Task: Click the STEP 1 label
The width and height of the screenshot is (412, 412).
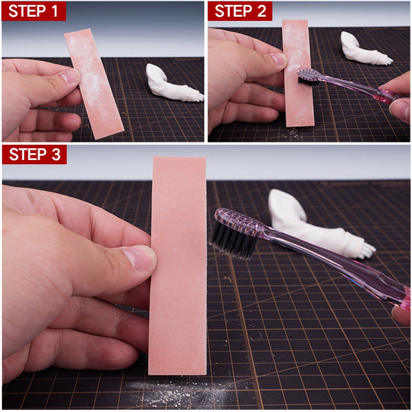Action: [33, 11]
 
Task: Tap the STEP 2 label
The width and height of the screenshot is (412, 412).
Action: [240, 11]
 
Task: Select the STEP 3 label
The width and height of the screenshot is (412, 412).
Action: [34, 154]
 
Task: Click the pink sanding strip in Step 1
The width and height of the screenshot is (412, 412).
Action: [94, 84]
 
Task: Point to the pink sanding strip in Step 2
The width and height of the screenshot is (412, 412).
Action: [298, 73]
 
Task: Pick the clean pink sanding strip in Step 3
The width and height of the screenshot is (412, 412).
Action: [178, 265]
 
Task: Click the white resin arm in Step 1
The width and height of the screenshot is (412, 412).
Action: [174, 84]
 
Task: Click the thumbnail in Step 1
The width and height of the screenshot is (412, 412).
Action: [70, 77]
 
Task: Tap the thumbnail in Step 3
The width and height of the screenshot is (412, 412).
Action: [140, 259]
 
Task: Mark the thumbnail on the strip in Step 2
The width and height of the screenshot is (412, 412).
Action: [279, 59]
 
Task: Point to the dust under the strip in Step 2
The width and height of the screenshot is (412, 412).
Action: [293, 133]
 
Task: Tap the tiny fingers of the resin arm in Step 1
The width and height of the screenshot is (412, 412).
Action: [200, 97]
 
